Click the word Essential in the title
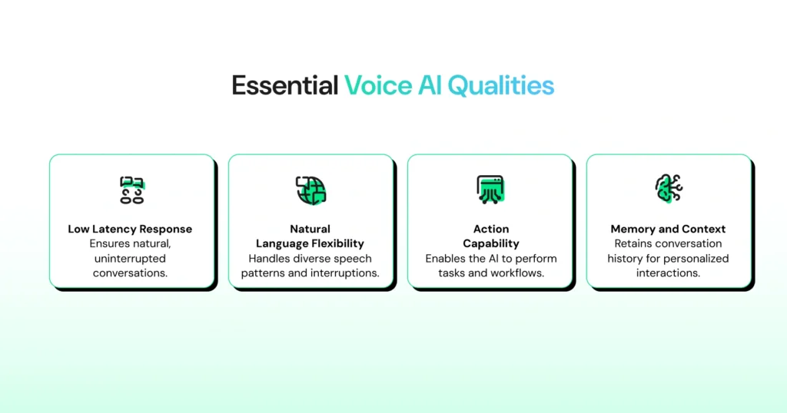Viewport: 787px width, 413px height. (x=284, y=85)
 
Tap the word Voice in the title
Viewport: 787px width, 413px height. (x=379, y=85)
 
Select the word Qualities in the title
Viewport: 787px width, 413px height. (x=501, y=85)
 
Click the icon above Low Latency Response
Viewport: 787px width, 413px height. (x=131, y=189)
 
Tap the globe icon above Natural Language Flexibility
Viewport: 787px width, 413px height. (x=310, y=189)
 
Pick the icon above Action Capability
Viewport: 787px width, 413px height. (x=490, y=189)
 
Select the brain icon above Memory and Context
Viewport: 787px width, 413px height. (x=668, y=189)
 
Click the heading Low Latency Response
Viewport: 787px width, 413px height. (x=130, y=229)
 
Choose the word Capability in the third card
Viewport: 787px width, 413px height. (x=491, y=243)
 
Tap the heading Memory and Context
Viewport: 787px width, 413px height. (x=668, y=229)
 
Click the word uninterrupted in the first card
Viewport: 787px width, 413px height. (x=130, y=259)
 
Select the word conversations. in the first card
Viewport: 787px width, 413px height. (x=130, y=273)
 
